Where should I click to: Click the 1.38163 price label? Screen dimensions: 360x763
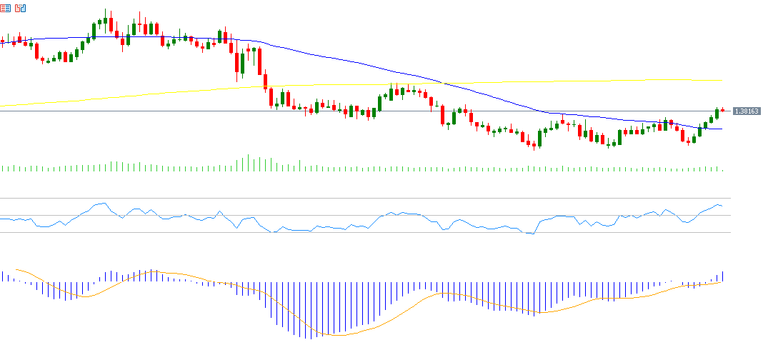746,111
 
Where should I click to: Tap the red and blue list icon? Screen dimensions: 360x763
6,9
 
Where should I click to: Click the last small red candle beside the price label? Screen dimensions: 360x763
723,110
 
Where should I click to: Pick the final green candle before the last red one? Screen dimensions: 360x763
717,113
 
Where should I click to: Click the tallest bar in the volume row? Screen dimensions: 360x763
248,163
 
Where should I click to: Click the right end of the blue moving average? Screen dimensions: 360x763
722,129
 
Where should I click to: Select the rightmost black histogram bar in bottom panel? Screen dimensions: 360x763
723,276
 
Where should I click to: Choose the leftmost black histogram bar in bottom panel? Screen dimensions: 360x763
2,276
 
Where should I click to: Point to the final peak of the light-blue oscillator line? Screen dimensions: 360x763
717,204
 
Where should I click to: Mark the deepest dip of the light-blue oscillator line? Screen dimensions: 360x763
532,234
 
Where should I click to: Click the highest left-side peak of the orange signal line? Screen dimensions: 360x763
154,271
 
